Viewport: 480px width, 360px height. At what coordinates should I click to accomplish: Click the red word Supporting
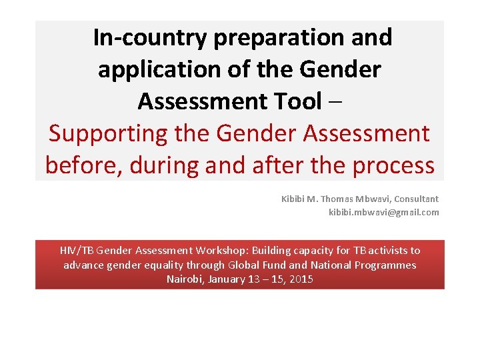(x=108, y=133)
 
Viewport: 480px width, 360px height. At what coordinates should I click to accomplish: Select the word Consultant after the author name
(x=417, y=199)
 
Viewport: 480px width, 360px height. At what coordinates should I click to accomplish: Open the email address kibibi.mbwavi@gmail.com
(x=384, y=212)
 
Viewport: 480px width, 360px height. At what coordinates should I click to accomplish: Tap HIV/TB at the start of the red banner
(x=77, y=251)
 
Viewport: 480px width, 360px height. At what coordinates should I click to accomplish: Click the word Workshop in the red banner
(x=221, y=251)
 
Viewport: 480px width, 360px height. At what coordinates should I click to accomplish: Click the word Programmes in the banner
(x=387, y=265)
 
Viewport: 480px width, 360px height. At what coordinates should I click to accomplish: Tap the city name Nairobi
(x=185, y=279)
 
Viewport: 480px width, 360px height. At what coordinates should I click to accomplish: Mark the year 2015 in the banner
(x=301, y=279)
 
